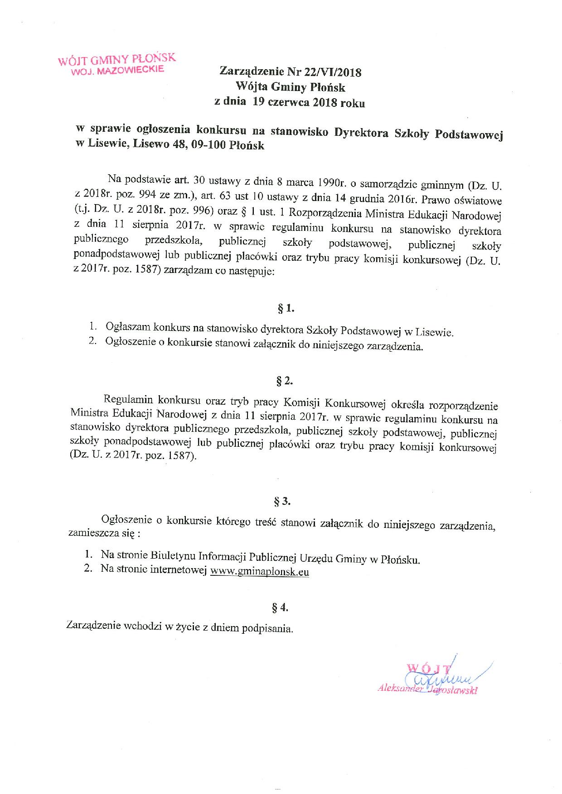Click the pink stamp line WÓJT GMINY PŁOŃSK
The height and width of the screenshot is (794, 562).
point(116,61)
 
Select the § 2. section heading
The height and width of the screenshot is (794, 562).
point(285,381)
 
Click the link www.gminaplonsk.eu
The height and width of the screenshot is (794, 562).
point(260,572)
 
